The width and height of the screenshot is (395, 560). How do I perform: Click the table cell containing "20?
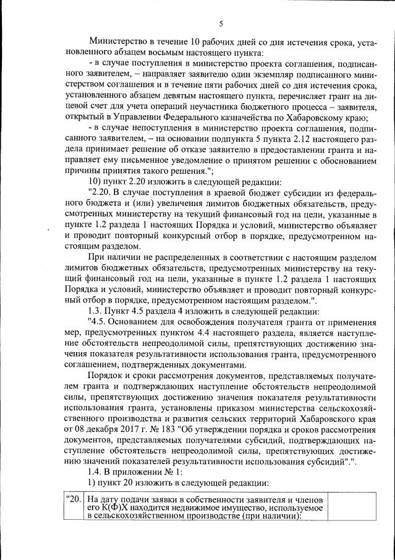[73, 499]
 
